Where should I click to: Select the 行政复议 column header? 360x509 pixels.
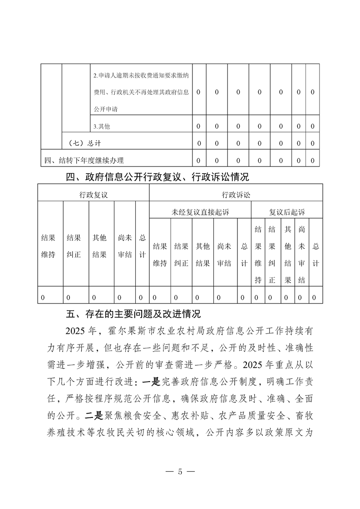point(94,195)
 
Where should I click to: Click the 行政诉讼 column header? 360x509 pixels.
point(236,195)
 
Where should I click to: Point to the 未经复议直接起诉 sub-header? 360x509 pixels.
point(200,212)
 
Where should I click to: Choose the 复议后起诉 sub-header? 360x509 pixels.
point(287,212)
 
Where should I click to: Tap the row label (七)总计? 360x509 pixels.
point(84,143)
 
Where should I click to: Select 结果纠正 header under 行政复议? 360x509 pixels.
point(74,246)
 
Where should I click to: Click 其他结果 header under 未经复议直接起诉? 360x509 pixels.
point(202,254)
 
